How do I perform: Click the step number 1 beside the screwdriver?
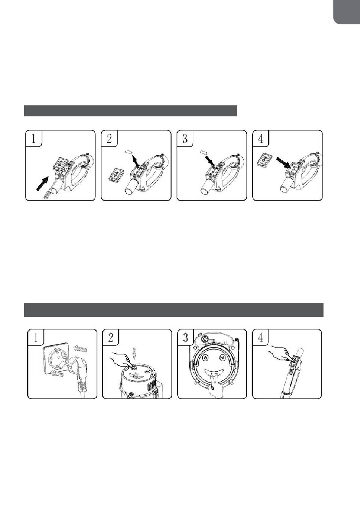click(x=33, y=139)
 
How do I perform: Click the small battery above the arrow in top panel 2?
click(x=128, y=152)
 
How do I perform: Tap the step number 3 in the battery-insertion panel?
click(x=185, y=139)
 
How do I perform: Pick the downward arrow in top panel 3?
click(x=210, y=160)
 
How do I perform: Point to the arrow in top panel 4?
click(x=283, y=163)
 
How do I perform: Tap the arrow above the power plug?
click(x=80, y=348)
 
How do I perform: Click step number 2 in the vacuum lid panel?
click(x=111, y=338)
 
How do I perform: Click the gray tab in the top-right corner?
click(x=347, y=12)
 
